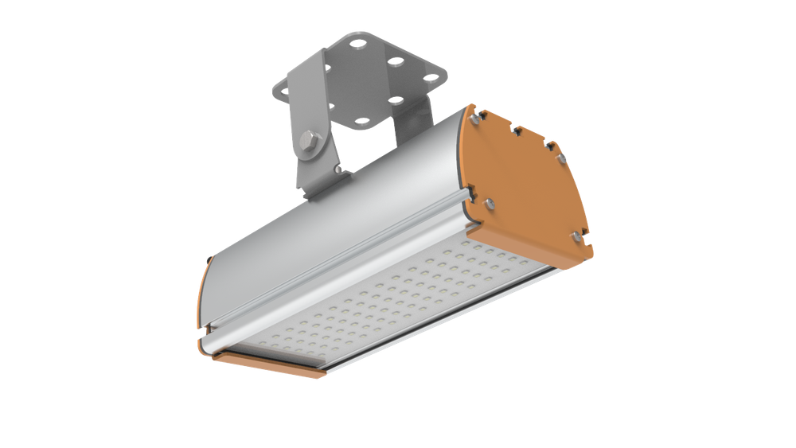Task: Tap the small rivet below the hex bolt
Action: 338,169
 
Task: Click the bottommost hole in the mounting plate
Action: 362,122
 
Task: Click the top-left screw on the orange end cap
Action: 474,119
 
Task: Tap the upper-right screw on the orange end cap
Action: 562,158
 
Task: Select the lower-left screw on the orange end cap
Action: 489,203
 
